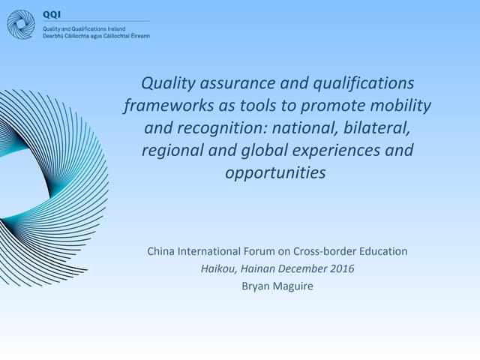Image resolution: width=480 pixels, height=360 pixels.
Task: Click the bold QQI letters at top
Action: coord(52,14)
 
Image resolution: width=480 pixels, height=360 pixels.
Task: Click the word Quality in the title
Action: coord(167,82)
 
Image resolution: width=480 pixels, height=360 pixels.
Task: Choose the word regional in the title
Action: coord(170,150)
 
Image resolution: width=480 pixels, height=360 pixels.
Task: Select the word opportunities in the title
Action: coord(276,172)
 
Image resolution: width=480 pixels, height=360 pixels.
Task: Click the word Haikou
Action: coord(217,268)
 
